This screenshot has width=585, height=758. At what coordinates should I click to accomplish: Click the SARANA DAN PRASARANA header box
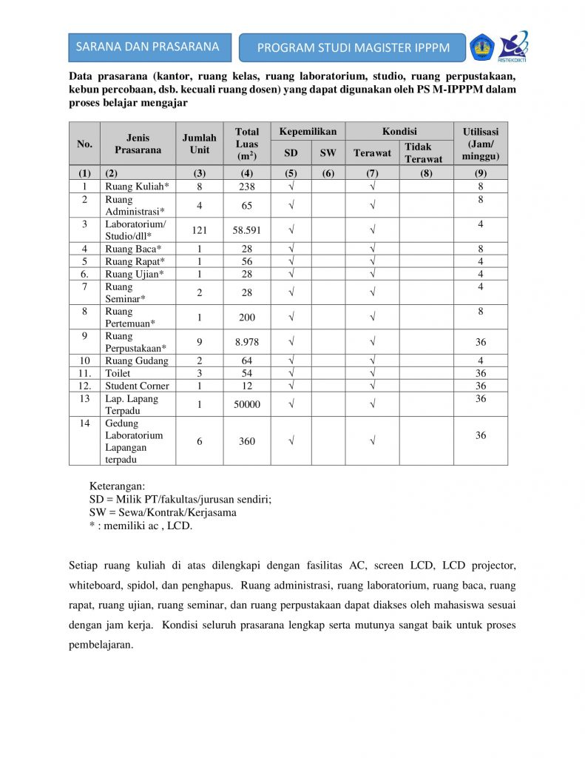click(148, 47)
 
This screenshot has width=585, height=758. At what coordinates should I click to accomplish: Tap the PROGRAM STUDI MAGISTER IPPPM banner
click(353, 48)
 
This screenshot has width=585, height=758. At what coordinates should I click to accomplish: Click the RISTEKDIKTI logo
click(513, 46)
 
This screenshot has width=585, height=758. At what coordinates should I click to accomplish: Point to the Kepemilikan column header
click(308, 132)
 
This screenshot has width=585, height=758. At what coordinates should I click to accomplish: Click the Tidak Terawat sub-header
click(423, 152)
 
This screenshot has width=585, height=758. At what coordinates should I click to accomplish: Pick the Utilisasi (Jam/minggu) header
click(480, 144)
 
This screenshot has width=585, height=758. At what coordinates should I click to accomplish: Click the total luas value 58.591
click(247, 230)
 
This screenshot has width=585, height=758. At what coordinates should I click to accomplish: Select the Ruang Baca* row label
click(133, 249)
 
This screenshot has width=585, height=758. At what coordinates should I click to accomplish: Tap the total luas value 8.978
click(247, 341)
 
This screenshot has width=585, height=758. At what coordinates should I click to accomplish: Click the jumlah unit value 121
click(200, 230)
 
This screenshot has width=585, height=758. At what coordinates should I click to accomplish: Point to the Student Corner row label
click(137, 386)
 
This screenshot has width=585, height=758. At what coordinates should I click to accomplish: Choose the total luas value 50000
click(247, 404)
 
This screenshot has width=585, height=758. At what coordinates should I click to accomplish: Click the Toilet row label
click(118, 373)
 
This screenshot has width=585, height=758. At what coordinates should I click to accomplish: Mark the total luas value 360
click(247, 441)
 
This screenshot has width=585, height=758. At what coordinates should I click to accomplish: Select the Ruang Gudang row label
click(137, 360)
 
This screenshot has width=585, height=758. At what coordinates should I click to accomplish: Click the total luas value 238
click(247, 187)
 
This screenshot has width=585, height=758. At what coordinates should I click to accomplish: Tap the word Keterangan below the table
click(117, 486)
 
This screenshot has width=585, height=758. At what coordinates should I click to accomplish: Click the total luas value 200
click(247, 317)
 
